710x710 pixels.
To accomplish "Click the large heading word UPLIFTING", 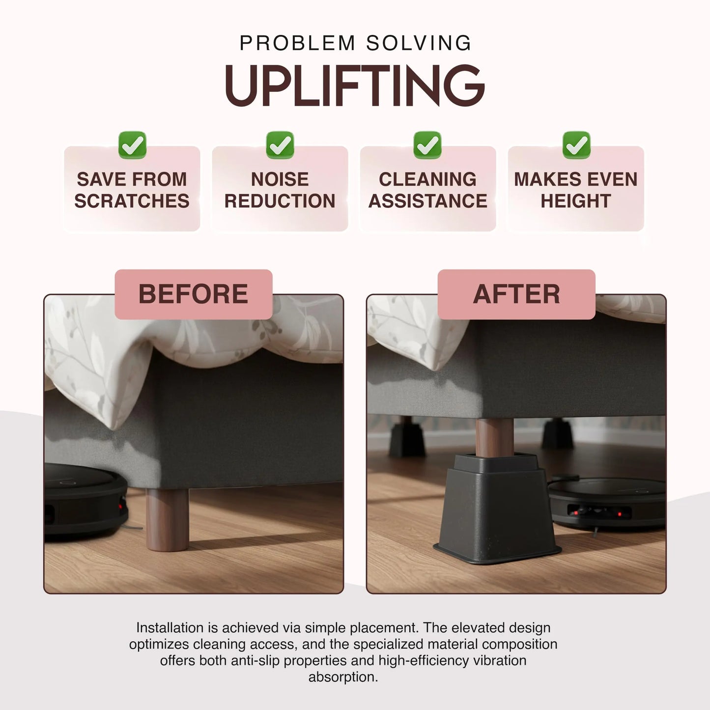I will (x=355, y=85).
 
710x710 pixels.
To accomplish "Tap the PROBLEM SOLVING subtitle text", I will (x=355, y=43).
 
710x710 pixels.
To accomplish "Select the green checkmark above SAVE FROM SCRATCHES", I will (x=132, y=145).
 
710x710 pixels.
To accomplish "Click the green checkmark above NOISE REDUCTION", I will (x=280, y=145).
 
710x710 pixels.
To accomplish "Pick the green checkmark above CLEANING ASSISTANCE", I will (x=427, y=145).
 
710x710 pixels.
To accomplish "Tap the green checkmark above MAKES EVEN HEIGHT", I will (x=576, y=145).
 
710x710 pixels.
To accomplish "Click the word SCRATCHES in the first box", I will (x=132, y=201).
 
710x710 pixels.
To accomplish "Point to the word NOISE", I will (x=280, y=179).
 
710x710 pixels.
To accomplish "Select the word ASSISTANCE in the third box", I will (x=428, y=201).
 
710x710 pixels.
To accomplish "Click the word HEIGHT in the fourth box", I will (x=576, y=201).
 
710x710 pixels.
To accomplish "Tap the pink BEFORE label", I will (x=193, y=294).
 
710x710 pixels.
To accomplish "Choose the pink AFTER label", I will (x=516, y=294).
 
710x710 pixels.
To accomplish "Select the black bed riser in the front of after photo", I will (x=496, y=511).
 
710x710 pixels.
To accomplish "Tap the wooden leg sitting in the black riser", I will (x=494, y=437).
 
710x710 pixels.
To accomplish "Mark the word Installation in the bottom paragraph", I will (x=170, y=628).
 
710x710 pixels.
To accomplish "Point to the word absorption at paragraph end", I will (x=342, y=677).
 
